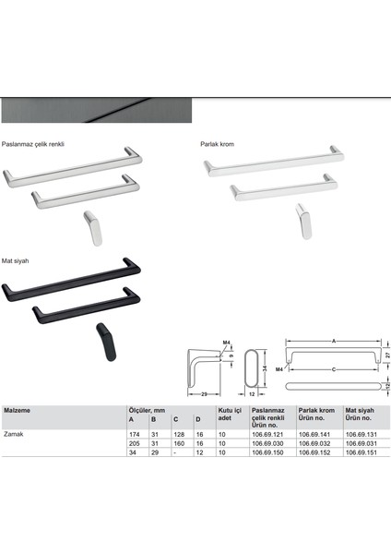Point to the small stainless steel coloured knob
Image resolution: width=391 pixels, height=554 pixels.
tap(92, 223)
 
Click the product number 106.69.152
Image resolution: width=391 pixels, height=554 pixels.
tap(314, 451)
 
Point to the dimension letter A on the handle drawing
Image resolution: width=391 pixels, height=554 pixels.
tap(333, 341)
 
